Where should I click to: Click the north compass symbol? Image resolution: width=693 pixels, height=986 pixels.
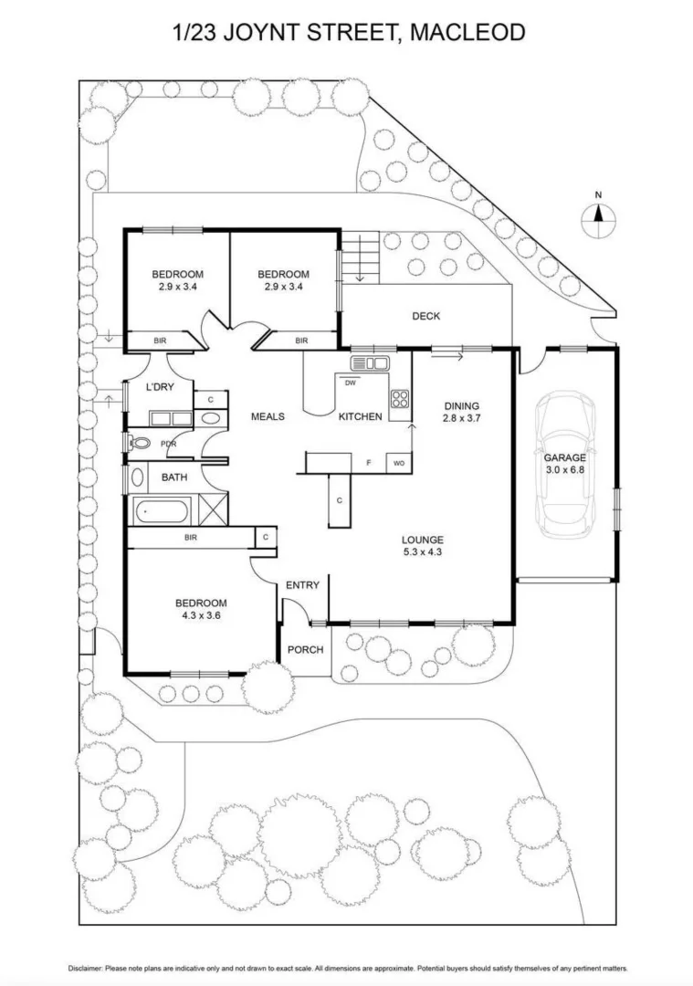599,215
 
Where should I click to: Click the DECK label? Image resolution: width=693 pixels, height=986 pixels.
425,317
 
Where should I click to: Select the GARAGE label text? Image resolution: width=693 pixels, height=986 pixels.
565,457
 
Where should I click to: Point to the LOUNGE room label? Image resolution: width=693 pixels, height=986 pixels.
422,539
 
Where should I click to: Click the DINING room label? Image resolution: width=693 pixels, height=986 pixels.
462,406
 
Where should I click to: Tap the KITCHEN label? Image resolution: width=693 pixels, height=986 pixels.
360,416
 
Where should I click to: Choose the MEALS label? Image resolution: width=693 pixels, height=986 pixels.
268,416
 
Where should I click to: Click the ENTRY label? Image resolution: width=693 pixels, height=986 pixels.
302,584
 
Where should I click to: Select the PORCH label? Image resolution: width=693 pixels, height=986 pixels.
305,650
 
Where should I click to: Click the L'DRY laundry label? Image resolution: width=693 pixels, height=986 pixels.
160,387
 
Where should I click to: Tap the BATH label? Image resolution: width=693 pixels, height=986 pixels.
174,477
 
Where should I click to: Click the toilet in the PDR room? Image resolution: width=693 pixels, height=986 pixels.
142,444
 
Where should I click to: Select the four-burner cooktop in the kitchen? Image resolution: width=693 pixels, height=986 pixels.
400,398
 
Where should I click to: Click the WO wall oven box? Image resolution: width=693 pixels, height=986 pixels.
399,463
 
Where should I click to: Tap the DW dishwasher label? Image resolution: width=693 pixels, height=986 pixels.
350,383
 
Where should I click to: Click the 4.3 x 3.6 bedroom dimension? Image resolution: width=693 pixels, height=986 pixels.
200,615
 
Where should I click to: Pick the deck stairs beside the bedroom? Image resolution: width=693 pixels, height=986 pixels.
360,257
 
